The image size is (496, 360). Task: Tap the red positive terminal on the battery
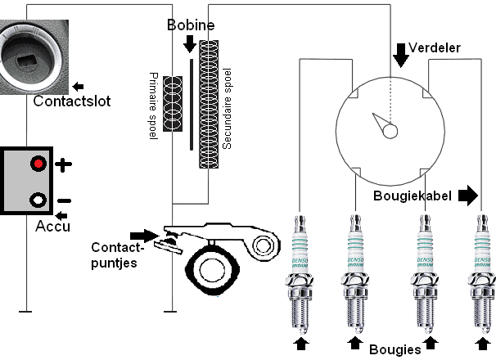[x=38, y=164]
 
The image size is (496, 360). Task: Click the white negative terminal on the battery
[x=38, y=200]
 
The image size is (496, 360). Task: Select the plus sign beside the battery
[x=64, y=164]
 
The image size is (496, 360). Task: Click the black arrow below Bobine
[x=189, y=43]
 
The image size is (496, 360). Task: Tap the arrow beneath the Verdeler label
[x=400, y=54]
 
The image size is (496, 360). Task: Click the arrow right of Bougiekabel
[x=467, y=196]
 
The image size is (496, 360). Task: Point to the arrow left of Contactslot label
[x=78, y=85]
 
